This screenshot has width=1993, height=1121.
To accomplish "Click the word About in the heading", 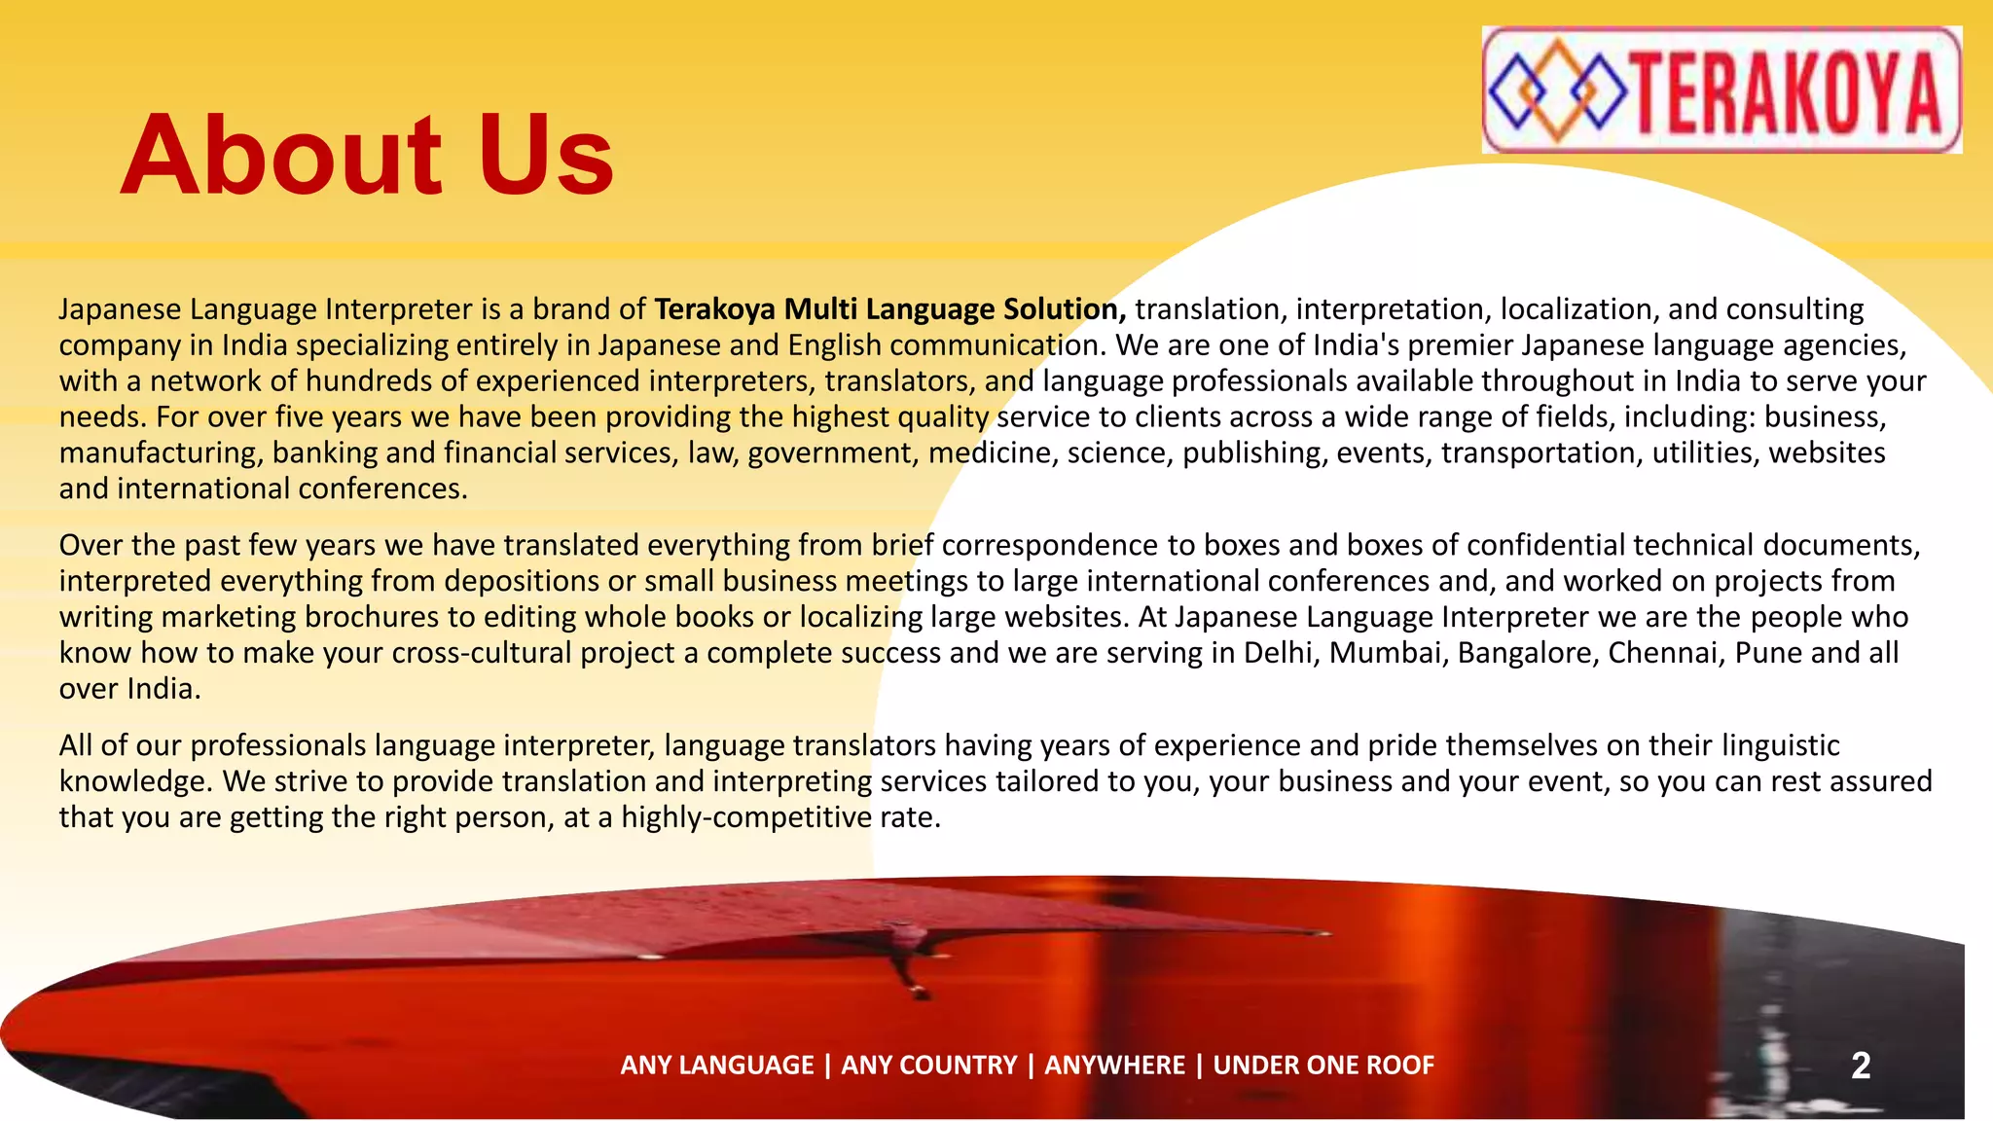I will [281, 156].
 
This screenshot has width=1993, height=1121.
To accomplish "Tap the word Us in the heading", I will [546, 156].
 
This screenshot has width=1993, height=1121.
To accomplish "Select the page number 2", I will [1861, 1066].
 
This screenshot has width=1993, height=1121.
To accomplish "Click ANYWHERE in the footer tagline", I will [1114, 1066].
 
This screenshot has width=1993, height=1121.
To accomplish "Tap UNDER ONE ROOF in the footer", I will [1323, 1066].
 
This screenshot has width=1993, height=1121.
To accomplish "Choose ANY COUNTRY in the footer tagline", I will [929, 1066].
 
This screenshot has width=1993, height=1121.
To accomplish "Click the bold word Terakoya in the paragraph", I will [715, 309].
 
